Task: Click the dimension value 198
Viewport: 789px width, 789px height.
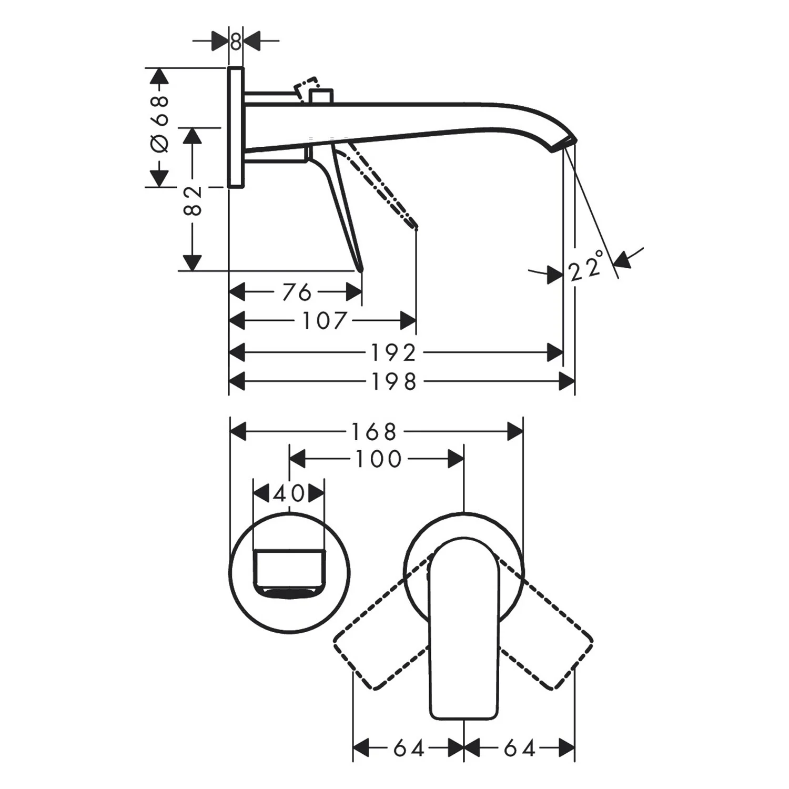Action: (x=394, y=382)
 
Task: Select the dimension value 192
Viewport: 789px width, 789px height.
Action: (x=394, y=353)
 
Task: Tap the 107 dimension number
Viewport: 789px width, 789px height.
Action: (x=324, y=320)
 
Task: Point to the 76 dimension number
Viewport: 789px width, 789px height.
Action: (x=297, y=292)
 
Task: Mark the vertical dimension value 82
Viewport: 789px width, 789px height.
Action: (x=193, y=201)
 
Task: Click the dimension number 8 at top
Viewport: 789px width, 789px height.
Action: (x=236, y=41)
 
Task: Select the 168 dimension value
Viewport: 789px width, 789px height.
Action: (x=373, y=432)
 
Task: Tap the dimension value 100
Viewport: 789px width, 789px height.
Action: (x=379, y=459)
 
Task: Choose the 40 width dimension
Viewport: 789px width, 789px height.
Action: (x=289, y=493)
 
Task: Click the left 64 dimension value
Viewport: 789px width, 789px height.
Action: (x=409, y=748)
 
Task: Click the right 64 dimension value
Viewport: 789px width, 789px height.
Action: (x=519, y=748)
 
